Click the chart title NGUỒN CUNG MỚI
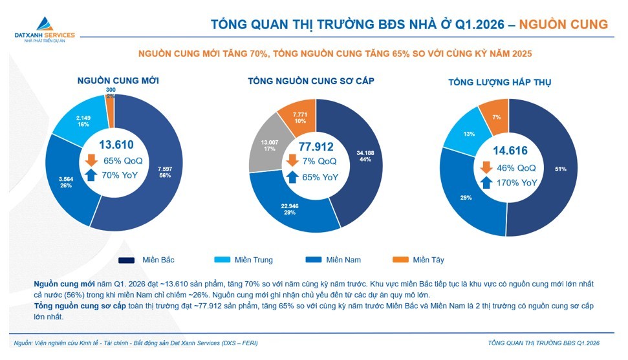[118, 81]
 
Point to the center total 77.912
[316, 146]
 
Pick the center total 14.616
[510, 151]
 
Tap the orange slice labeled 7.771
[300, 117]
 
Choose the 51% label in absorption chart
[560, 169]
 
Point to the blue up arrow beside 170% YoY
[486, 183]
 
